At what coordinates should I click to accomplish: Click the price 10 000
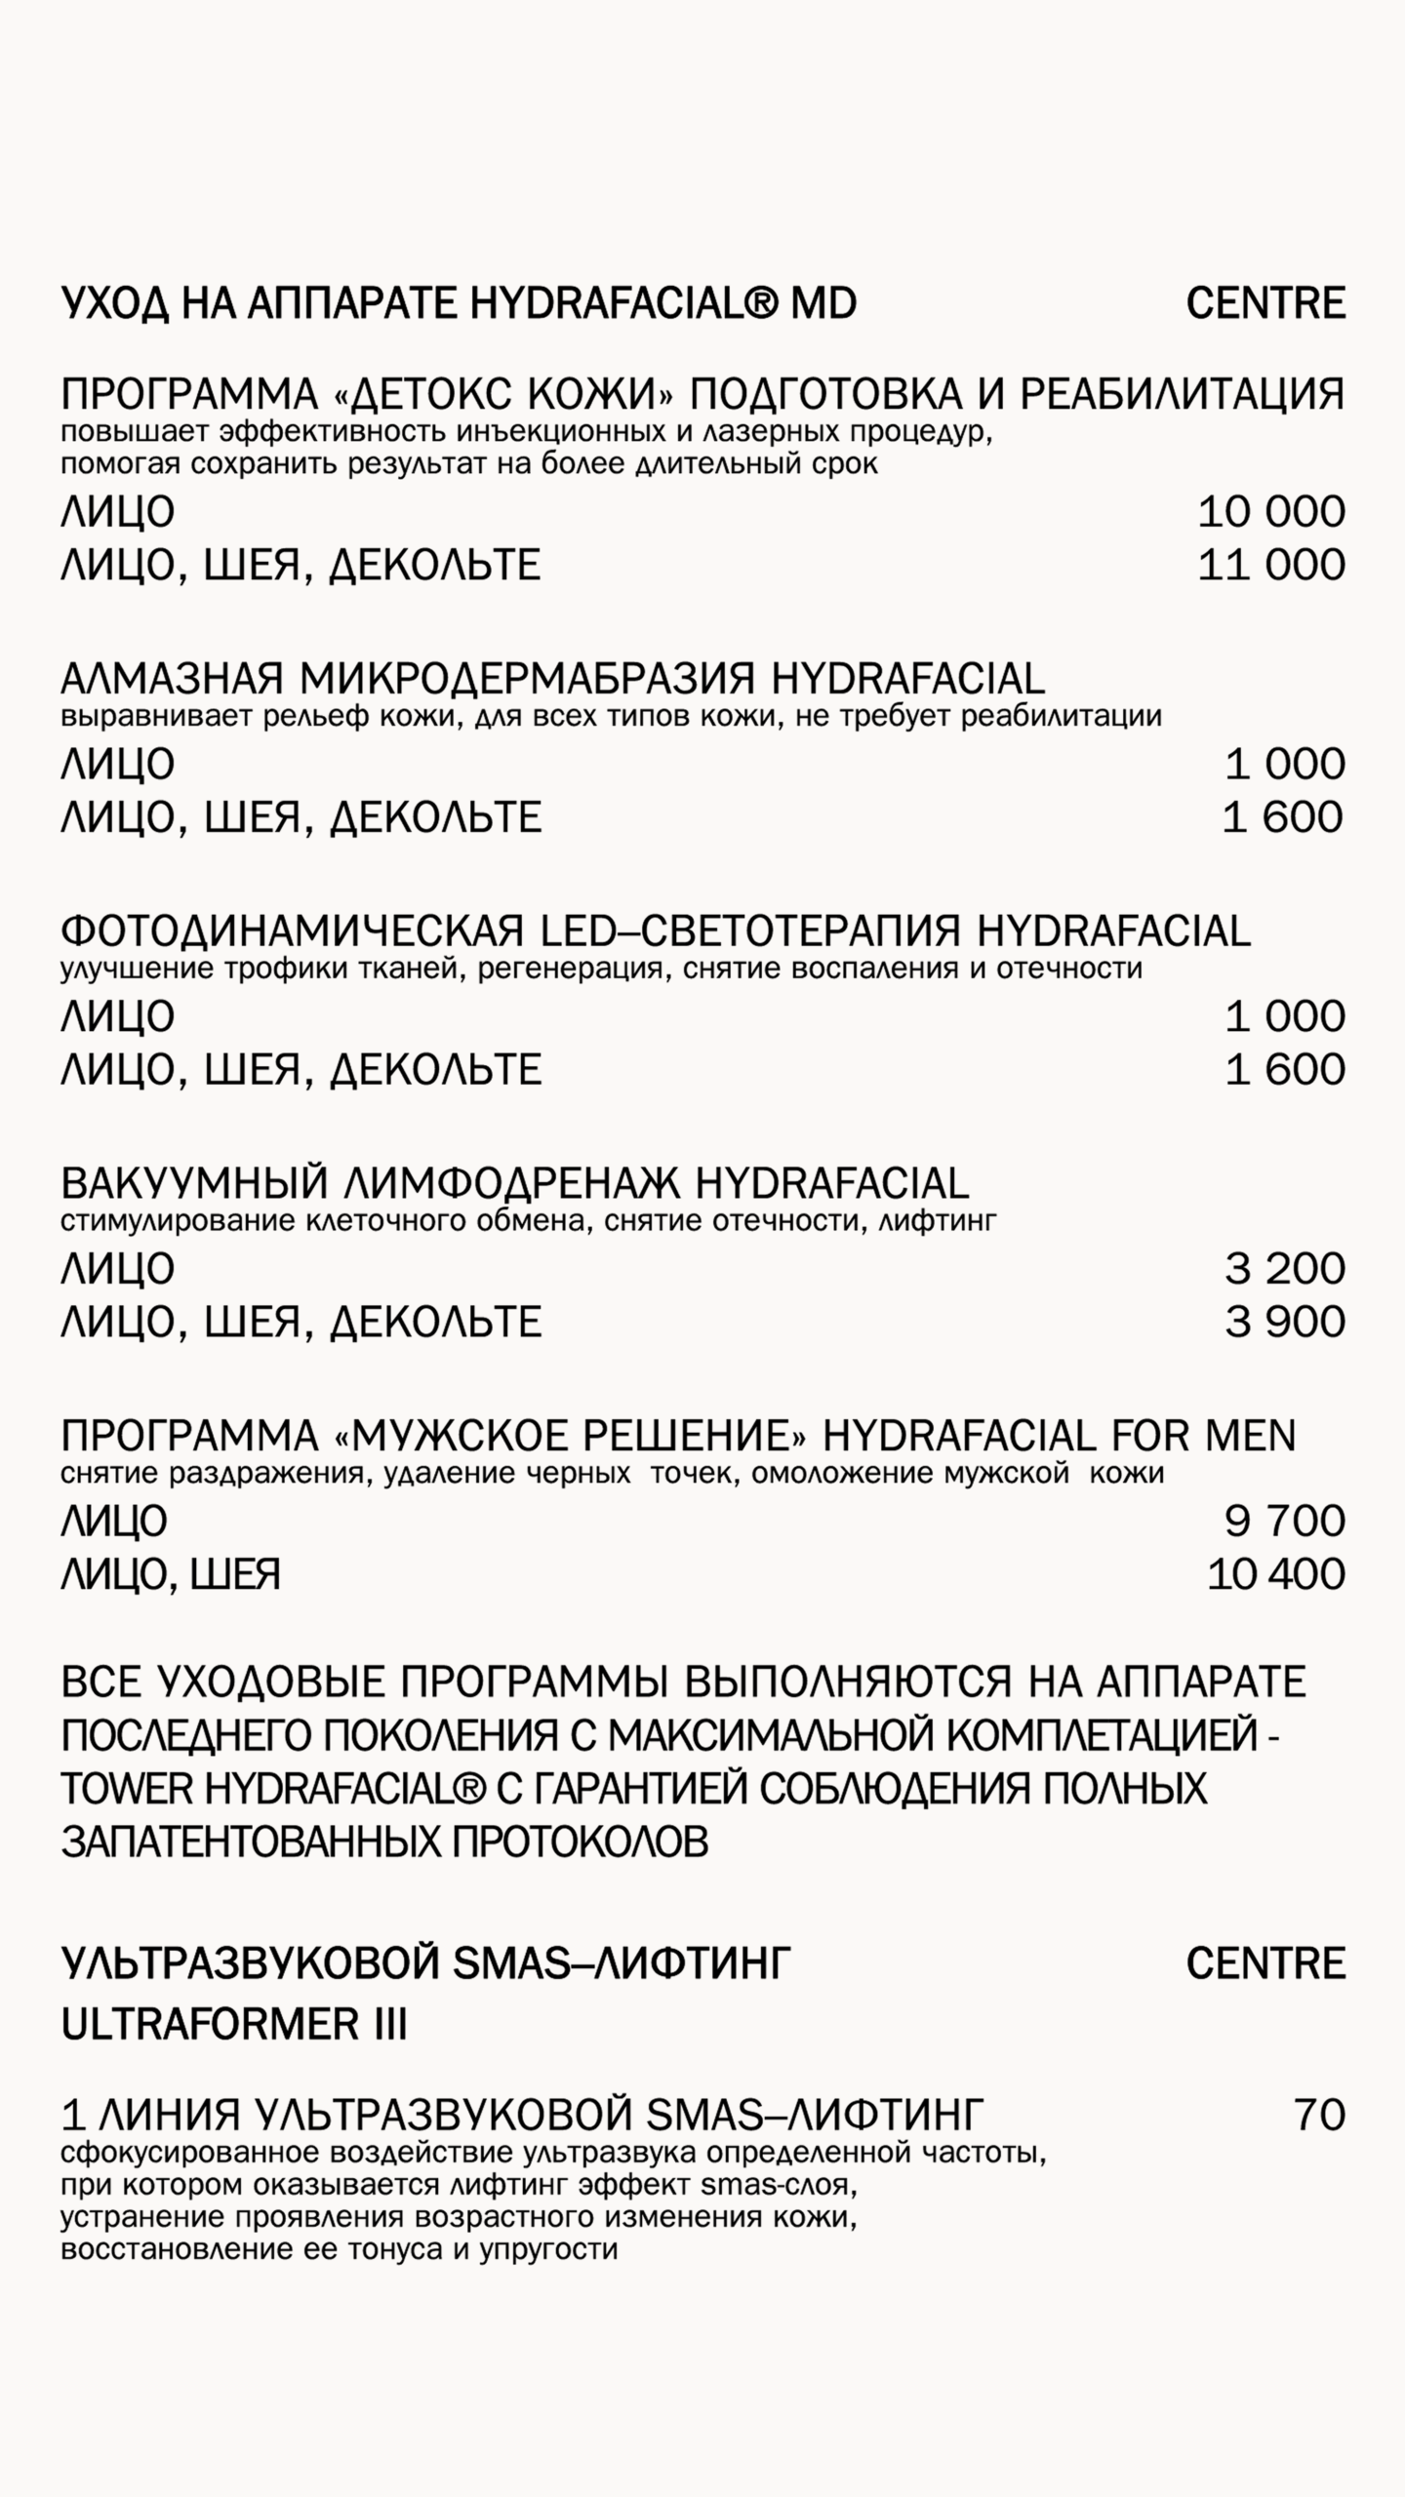(x=1271, y=512)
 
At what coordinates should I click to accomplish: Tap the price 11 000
(x=1271, y=565)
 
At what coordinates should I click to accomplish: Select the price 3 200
(x=1285, y=1269)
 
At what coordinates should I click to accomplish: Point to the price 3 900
(x=1285, y=1322)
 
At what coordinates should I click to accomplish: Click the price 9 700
(x=1285, y=1521)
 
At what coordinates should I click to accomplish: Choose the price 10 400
(x=1276, y=1573)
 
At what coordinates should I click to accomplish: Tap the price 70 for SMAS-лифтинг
(x=1320, y=2115)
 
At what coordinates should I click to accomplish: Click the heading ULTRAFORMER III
(x=234, y=2026)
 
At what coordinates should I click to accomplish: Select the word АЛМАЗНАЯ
(x=172, y=678)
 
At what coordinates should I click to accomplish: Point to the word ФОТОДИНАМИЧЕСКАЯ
(x=293, y=931)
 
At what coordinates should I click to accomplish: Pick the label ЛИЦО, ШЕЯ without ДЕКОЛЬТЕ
(x=171, y=1574)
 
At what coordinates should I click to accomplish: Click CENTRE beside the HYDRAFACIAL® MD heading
(x=1265, y=303)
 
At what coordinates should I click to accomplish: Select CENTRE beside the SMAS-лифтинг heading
(x=1265, y=1963)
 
